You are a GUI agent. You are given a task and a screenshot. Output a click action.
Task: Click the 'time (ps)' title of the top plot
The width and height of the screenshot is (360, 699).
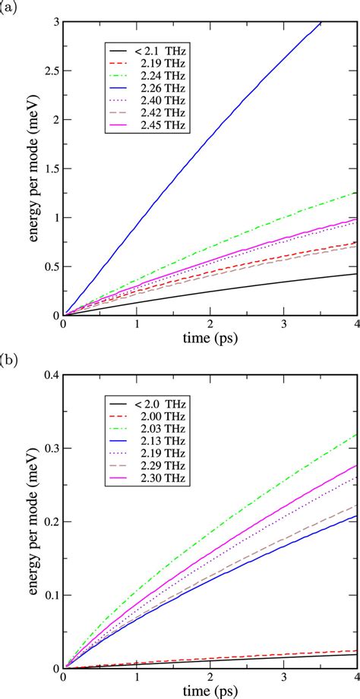210,335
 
